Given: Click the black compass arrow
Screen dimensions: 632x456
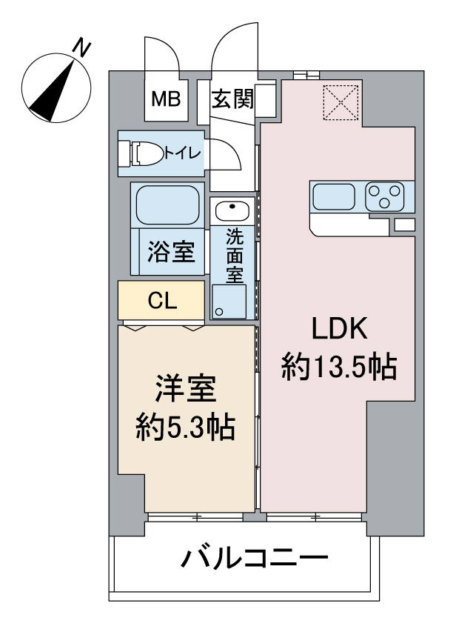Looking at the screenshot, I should click(53, 91).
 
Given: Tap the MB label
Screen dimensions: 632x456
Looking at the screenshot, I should click(167, 99).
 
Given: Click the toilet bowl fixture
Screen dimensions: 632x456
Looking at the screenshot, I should click(147, 154).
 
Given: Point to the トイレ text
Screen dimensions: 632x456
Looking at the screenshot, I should click(181, 153).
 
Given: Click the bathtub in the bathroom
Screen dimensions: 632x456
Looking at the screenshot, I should click(167, 204).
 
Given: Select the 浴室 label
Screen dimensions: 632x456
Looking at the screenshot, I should click(172, 252).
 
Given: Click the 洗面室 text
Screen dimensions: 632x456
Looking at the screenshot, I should click(234, 256).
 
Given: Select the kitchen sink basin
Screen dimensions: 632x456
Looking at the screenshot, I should click(335, 197).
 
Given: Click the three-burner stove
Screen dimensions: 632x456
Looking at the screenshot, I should click(384, 197).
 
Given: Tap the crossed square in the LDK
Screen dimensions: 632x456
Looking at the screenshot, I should click(342, 102).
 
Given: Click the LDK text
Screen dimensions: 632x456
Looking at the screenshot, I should click(339, 327).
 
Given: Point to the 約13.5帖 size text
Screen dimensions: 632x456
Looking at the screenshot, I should click(339, 365).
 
